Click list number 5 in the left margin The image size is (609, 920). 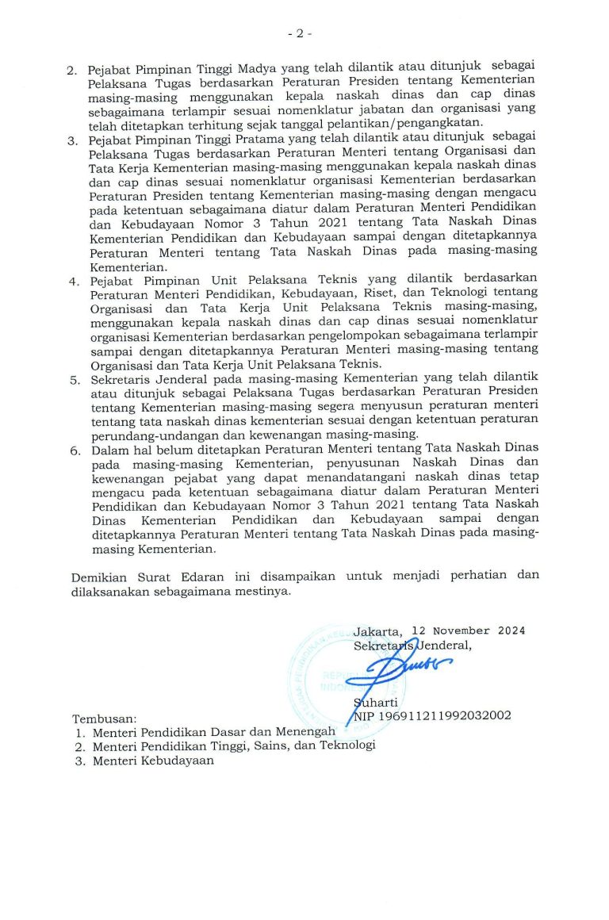coord(74,380)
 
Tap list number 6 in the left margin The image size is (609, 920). coord(74,450)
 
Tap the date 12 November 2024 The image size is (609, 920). coord(468,631)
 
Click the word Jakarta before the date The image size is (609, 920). coord(377,632)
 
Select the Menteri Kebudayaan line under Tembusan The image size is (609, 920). coord(152,760)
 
